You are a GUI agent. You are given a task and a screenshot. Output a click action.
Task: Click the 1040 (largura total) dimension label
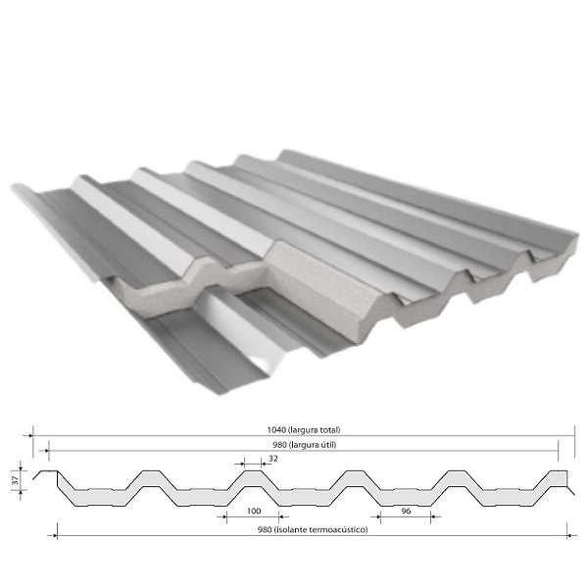(304, 430)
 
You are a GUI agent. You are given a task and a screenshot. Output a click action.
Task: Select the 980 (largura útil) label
(304, 445)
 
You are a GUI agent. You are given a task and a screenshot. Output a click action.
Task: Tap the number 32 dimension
(273, 459)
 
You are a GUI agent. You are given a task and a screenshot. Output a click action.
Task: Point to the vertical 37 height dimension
(15, 480)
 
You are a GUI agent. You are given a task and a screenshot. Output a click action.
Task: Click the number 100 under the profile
(254, 511)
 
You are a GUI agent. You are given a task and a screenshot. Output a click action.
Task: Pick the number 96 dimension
(406, 511)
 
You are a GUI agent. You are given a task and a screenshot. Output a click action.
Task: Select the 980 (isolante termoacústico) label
(313, 529)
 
